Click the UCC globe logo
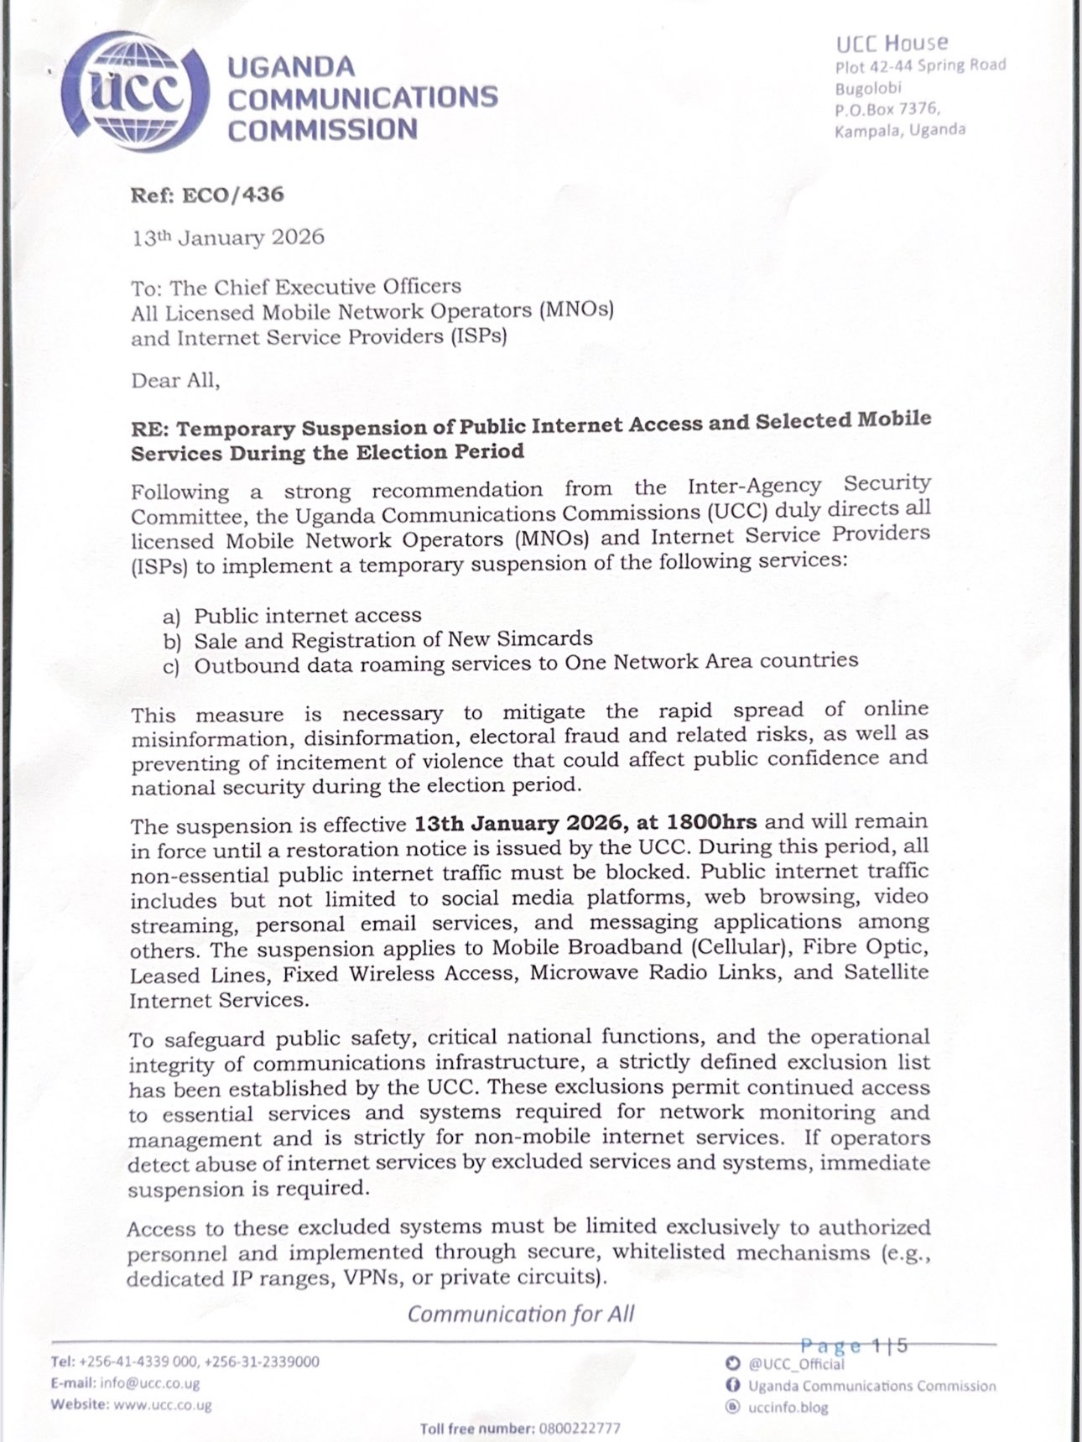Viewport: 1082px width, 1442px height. click(135, 93)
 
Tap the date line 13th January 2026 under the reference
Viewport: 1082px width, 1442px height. click(227, 237)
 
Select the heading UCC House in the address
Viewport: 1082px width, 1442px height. click(892, 43)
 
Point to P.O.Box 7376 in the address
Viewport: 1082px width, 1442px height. click(887, 108)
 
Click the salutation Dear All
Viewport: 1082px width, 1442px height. click(175, 381)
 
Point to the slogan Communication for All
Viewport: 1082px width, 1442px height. click(521, 1314)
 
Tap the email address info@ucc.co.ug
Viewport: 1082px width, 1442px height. click(149, 1383)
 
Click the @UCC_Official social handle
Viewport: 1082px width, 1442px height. click(796, 1364)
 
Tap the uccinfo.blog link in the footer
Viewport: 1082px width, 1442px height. click(788, 1407)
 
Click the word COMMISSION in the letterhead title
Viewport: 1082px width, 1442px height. click(322, 130)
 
